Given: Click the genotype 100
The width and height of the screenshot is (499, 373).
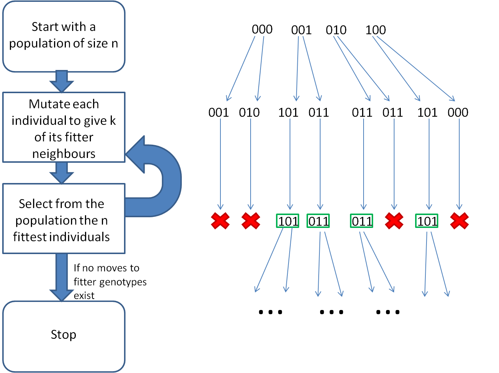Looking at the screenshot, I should point(375,30).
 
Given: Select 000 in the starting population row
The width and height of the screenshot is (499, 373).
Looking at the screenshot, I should point(262,29).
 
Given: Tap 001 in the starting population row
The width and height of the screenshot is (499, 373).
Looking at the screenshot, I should point(301,30).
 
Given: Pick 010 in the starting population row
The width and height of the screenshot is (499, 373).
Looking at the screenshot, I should point(336,30).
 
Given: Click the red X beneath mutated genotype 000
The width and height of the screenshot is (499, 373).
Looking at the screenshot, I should point(459,221).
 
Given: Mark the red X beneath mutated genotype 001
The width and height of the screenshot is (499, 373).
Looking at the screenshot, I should point(220,221).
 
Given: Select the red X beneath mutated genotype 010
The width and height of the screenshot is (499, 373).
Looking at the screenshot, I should point(251,221).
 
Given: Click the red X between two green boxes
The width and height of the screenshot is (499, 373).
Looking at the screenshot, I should point(394,221).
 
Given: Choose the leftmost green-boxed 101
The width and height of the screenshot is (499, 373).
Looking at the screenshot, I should point(288,221).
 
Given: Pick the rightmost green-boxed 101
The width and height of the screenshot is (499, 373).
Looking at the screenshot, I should point(427,221).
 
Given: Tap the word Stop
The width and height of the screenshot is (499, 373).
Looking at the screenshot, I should point(64,335).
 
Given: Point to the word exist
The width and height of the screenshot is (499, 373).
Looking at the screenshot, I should point(84,296).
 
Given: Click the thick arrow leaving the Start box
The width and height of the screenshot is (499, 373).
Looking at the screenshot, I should point(61,81).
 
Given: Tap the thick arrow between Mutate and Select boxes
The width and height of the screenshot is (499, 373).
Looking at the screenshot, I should point(61,173).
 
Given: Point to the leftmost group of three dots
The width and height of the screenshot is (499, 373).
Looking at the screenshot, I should point(270,312).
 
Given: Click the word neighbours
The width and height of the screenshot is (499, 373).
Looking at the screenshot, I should point(64,154).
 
